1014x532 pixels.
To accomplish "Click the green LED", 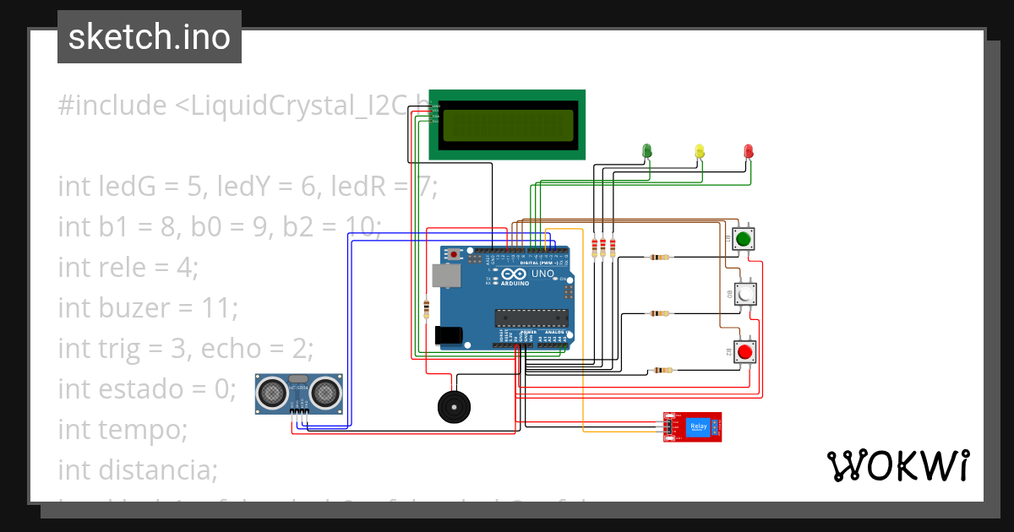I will [647, 150].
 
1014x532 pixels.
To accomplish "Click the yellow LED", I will [699, 150].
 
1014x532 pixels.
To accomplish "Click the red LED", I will [748, 150].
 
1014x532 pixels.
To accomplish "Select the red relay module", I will [693, 426].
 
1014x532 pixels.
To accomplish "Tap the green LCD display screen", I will [506, 124].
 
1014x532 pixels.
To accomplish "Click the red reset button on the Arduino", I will [455, 253].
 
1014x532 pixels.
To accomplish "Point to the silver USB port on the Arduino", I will [442, 275].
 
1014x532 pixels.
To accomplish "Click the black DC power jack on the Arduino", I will [449, 335].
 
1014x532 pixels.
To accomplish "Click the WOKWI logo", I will [897, 465].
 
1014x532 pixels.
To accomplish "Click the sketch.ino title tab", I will [150, 37].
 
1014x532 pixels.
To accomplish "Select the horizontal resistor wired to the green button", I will [658, 258].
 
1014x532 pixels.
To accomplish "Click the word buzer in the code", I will [136, 307].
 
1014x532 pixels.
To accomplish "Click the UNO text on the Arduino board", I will [542, 274].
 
